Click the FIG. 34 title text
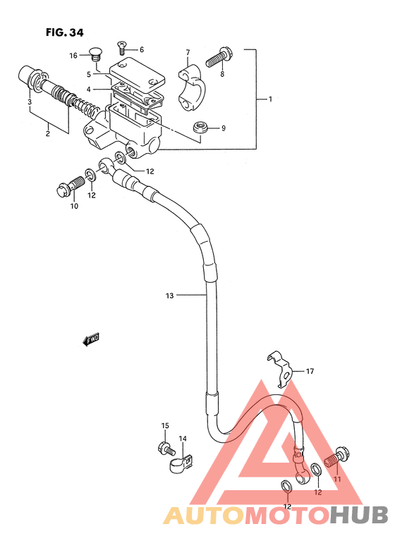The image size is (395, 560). tap(65, 32)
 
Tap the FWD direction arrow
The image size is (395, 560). tap(91, 339)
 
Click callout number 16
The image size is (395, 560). tap(73, 55)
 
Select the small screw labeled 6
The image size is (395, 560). tap(121, 47)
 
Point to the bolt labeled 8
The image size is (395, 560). tap(217, 59)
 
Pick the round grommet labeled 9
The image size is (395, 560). tap(200, 128)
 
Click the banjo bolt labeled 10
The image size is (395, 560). tap(71, 185)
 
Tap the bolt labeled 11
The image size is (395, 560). tap(336, 458)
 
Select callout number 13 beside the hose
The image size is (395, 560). tap(170, 296)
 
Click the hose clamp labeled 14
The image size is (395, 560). tap(181, 463)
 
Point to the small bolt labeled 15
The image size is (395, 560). tap(166, 448)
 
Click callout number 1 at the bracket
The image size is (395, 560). tap(270, 99)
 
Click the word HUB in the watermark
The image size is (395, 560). tap(359, 516)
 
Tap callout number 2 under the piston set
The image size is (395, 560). tap(48, 134)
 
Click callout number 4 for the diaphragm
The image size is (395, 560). tap(89, 90)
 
